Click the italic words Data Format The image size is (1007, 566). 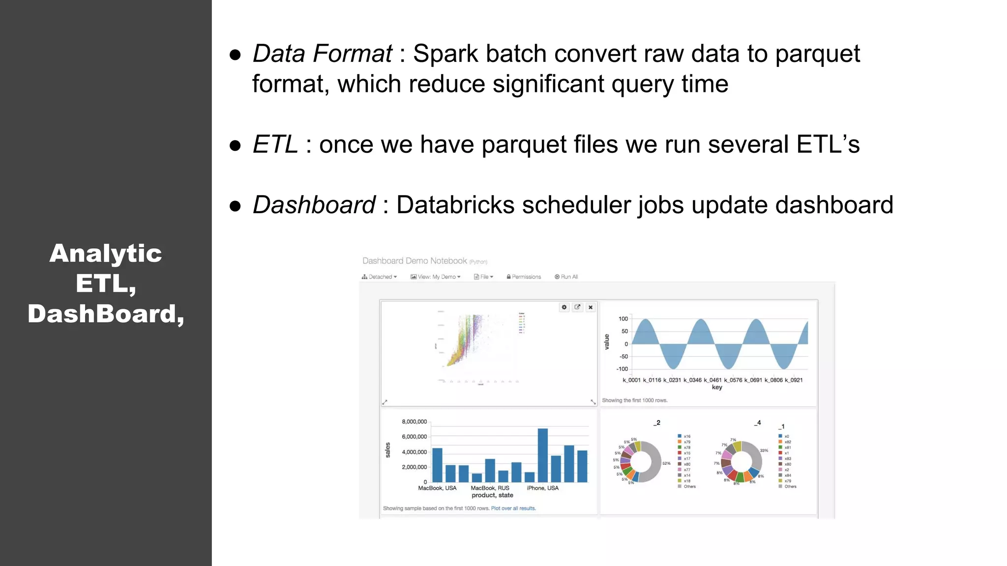pos(322,54)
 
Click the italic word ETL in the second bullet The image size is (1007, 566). pos(275,144)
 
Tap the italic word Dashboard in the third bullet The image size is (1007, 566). pos(314,205)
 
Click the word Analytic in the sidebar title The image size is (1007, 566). pos(106,254)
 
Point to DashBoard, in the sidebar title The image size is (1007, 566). pos(106,314)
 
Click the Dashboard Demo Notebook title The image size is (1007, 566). pos(415,261)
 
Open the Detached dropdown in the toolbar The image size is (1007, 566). pos(380,277)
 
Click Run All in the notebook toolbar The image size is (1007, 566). pos(566,277)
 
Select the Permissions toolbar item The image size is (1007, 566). pos(524,277)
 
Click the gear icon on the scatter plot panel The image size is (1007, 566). pos(564,307)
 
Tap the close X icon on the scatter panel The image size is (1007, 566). pos(591,307)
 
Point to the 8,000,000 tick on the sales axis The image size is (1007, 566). pos(414,422)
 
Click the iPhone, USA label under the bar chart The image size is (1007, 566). pos(542,488)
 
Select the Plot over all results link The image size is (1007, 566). pos(513,509)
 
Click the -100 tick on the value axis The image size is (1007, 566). pos(622,369)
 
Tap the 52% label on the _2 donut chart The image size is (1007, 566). pos(666,463)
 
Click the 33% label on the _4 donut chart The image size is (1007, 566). pos(764,451)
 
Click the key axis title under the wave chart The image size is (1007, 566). pos(717,387)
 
